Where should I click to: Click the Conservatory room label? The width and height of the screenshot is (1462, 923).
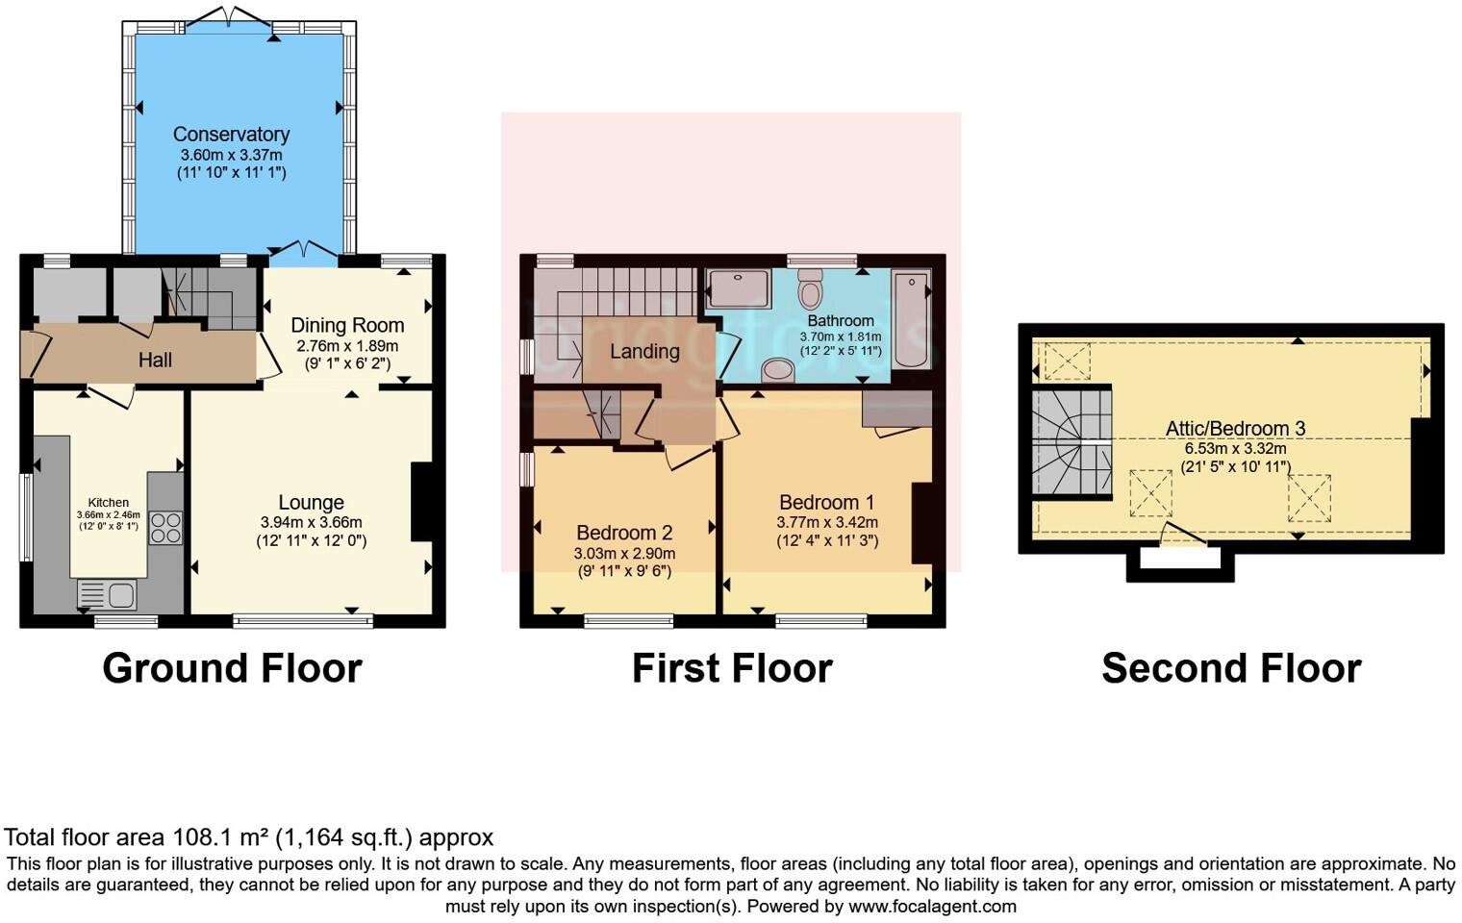click(x=231, y=135)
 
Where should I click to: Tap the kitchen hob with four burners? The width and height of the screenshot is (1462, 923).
click(x=165, y=529)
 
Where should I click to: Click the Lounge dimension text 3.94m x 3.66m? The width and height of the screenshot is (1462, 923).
click(x=311, y=523)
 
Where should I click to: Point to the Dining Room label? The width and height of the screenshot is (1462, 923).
click(x=347, y=325)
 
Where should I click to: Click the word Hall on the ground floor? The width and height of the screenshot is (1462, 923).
click(x=155, y=360)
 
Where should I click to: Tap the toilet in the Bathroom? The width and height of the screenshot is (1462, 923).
click(x=811, y=287)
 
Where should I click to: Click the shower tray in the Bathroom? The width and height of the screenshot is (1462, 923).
click(x=739, y=289)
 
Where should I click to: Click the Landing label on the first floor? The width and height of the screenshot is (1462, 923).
click(x=644, y=351)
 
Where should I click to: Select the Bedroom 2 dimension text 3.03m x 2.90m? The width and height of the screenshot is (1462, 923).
click(x=624, y=554)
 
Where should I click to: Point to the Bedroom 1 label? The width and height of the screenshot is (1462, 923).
click(x=826, y=502)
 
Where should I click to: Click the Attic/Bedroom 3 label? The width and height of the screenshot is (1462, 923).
click(x=1235, y=429)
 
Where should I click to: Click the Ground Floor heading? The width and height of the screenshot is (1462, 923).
click(x=232, y=668)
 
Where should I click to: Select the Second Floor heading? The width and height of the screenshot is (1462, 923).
click(x=1231, y=668)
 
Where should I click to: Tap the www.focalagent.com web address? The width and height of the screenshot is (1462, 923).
click(x=932, y=906)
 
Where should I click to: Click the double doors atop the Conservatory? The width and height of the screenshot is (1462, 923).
click(x=229, y=17)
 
